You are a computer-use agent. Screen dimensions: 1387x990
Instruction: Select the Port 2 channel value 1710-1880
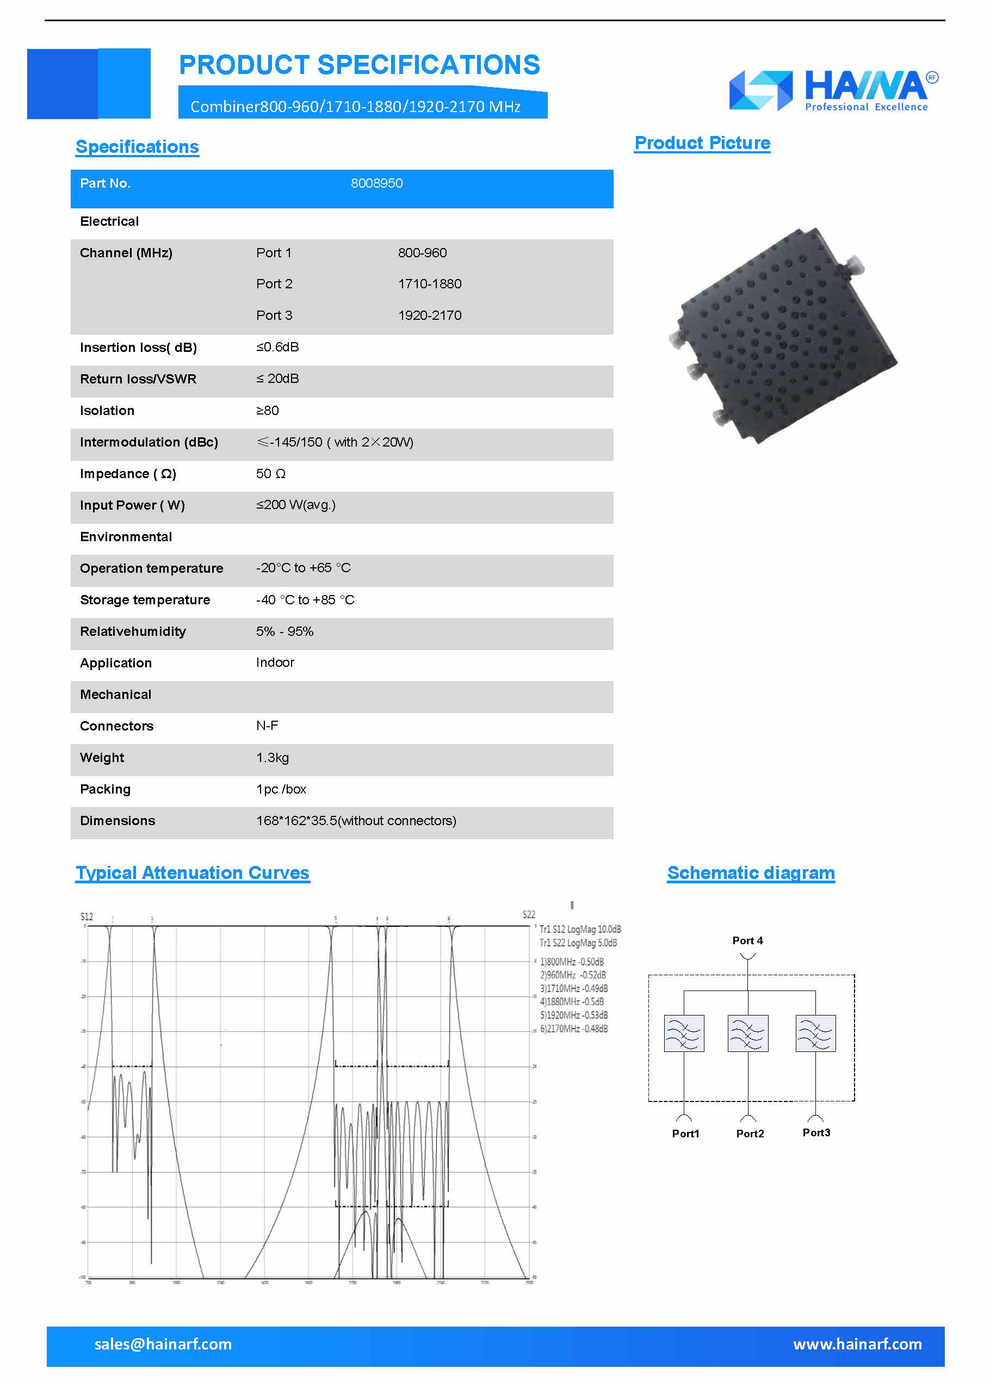[429, 284]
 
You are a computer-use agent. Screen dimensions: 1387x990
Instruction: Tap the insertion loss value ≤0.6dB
[277, 348]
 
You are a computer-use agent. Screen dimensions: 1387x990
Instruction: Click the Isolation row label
[107, 411]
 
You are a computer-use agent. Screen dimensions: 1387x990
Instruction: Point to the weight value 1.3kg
[272, 758]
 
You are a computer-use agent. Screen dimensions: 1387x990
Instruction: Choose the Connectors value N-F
[267, 726]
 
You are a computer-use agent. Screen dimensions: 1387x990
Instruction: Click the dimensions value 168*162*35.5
[355, 821]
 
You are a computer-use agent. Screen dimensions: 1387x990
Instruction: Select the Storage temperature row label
[145, 600]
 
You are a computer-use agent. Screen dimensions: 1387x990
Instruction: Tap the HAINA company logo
[833, 90]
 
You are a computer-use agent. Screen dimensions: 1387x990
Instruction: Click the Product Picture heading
[702, 143]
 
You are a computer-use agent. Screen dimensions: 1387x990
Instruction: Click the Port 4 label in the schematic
[747, 941]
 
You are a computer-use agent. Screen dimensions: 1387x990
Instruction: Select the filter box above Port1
[684, 1033]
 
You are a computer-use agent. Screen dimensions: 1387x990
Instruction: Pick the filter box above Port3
[815, 1033]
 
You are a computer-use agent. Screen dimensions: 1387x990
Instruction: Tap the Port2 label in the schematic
[750, 1134]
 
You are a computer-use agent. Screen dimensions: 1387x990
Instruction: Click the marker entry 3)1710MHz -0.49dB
[574, 988]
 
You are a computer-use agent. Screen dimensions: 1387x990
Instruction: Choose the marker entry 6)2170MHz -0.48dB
[574, 1029]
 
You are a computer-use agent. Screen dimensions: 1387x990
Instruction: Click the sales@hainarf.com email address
[163, 1345]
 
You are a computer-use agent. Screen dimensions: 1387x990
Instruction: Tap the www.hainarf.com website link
[857, 1345]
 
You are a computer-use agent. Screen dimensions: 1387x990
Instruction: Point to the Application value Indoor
[275, 663]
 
